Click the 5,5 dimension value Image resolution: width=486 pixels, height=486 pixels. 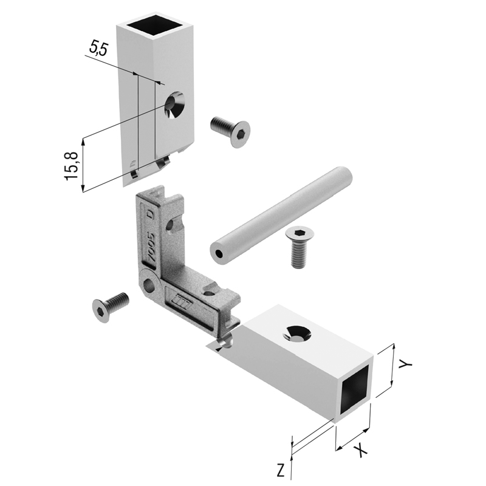coord(98,49)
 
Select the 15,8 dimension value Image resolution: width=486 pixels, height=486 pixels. coord(72,165)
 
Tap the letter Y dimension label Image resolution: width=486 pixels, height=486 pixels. coord(405,364)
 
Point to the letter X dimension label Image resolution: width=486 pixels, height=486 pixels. coord(360,450)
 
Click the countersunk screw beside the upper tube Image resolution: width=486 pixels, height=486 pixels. coord(230,132)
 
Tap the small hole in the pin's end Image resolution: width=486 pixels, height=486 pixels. coord(219,254)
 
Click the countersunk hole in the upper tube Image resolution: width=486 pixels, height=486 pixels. coord(175,104)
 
